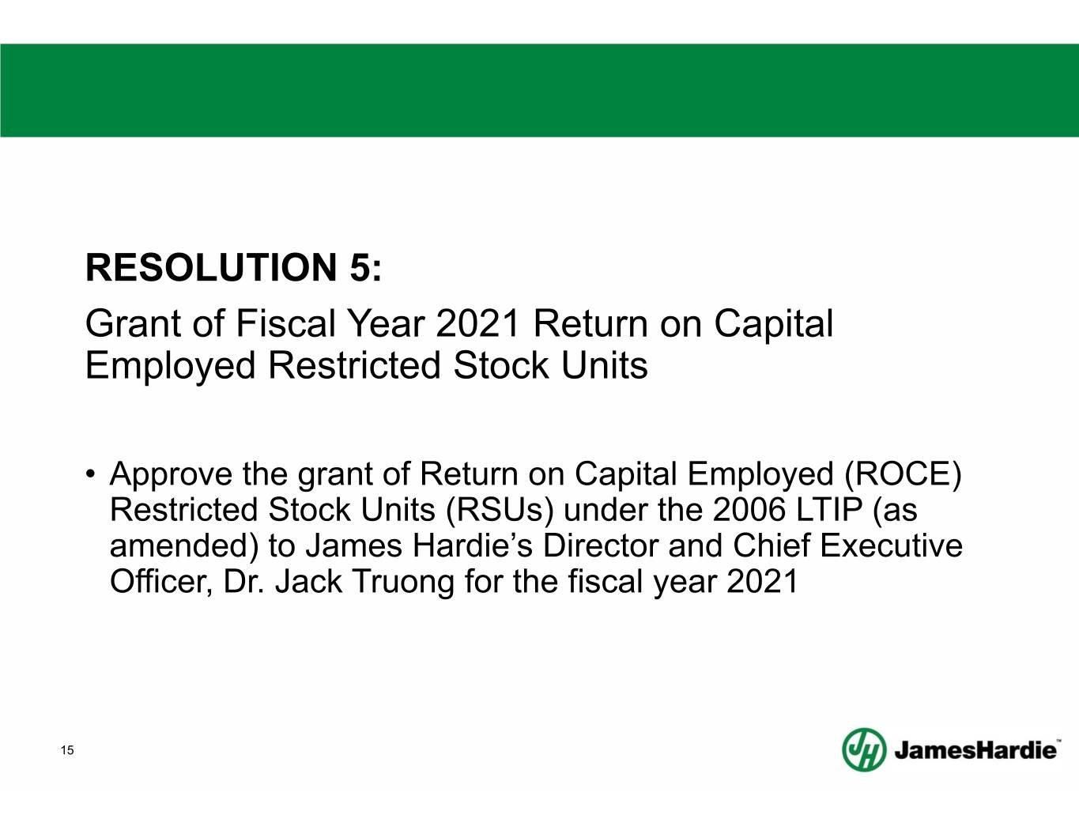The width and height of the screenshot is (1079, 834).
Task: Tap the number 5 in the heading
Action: coord(360,267)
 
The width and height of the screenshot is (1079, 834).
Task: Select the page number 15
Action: coord(67,750)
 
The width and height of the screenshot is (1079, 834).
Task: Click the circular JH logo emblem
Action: coord(865,750)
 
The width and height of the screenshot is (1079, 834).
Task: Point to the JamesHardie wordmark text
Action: coord(975,750)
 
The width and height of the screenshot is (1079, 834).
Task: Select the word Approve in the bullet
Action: coord(171,475)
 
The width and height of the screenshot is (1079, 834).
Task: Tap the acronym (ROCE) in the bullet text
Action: coord(904,474)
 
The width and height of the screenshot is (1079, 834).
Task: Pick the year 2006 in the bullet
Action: coord(749,510)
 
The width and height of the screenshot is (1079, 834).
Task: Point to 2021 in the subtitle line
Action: coord(477,323)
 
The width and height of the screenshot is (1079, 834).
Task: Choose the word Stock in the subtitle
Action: coord(501,366)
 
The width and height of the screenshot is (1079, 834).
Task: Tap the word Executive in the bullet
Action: coord(891,545)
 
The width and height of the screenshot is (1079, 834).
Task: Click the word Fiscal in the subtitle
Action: coord(285,323)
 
